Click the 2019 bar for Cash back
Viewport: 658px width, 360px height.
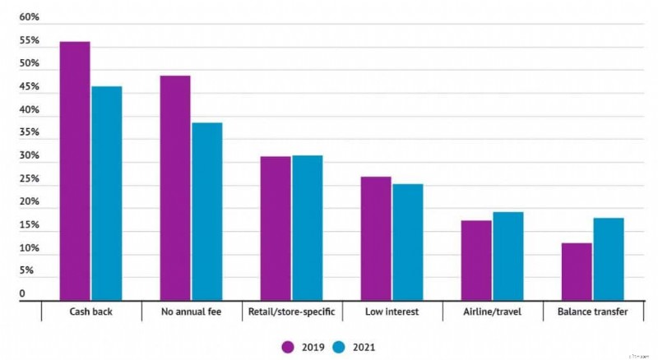coord(75,171)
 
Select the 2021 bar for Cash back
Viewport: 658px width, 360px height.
coord(106,193)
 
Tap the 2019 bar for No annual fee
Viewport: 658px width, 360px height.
coord(175,188)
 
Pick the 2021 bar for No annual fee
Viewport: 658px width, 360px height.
coord(206,211)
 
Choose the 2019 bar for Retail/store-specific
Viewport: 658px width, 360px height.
coord(276,228)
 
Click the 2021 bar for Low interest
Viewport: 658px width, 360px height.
coord(407,242)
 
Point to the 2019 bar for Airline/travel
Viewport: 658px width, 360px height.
coord(476,260)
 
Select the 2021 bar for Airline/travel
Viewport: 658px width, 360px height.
coord(507,256)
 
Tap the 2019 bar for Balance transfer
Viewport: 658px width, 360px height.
coord(577,271)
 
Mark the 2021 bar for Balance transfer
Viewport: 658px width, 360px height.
coord(608,259)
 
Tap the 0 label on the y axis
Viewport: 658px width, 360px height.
coord(23,293)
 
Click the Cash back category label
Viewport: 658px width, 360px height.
coord(90,312)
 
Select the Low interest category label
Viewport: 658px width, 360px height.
coord(392,312)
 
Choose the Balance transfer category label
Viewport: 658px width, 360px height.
coord(592,312)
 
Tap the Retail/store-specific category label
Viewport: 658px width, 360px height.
coord(291,312)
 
